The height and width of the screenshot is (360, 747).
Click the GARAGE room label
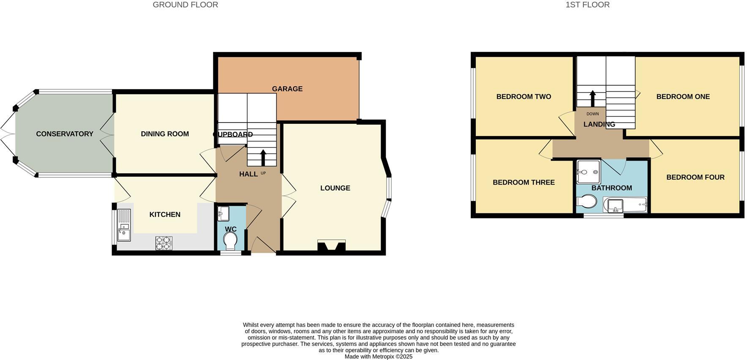point(287,89)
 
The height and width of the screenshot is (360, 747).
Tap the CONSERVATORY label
point(65,134)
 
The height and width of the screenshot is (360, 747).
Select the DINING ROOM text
point(165,134)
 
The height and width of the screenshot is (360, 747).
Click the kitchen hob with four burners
point(164,243)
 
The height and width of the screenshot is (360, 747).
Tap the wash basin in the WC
point(223,213)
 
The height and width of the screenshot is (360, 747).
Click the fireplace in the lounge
point(331,246)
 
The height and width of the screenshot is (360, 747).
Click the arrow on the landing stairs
point(592,98)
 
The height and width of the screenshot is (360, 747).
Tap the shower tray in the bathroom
point(588,172)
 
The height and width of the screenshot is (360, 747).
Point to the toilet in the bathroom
point(587,202)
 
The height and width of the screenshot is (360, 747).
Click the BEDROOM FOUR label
point(695,177)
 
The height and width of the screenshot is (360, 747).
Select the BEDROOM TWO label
point(523,97)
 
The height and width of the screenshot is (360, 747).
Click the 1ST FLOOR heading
point(587,5)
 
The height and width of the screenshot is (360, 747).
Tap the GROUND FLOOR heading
point(185,5)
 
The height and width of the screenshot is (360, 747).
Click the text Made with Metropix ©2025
point(378,357)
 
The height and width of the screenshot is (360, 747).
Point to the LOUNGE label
point(335,188)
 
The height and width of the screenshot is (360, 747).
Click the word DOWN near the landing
point(592,114)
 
